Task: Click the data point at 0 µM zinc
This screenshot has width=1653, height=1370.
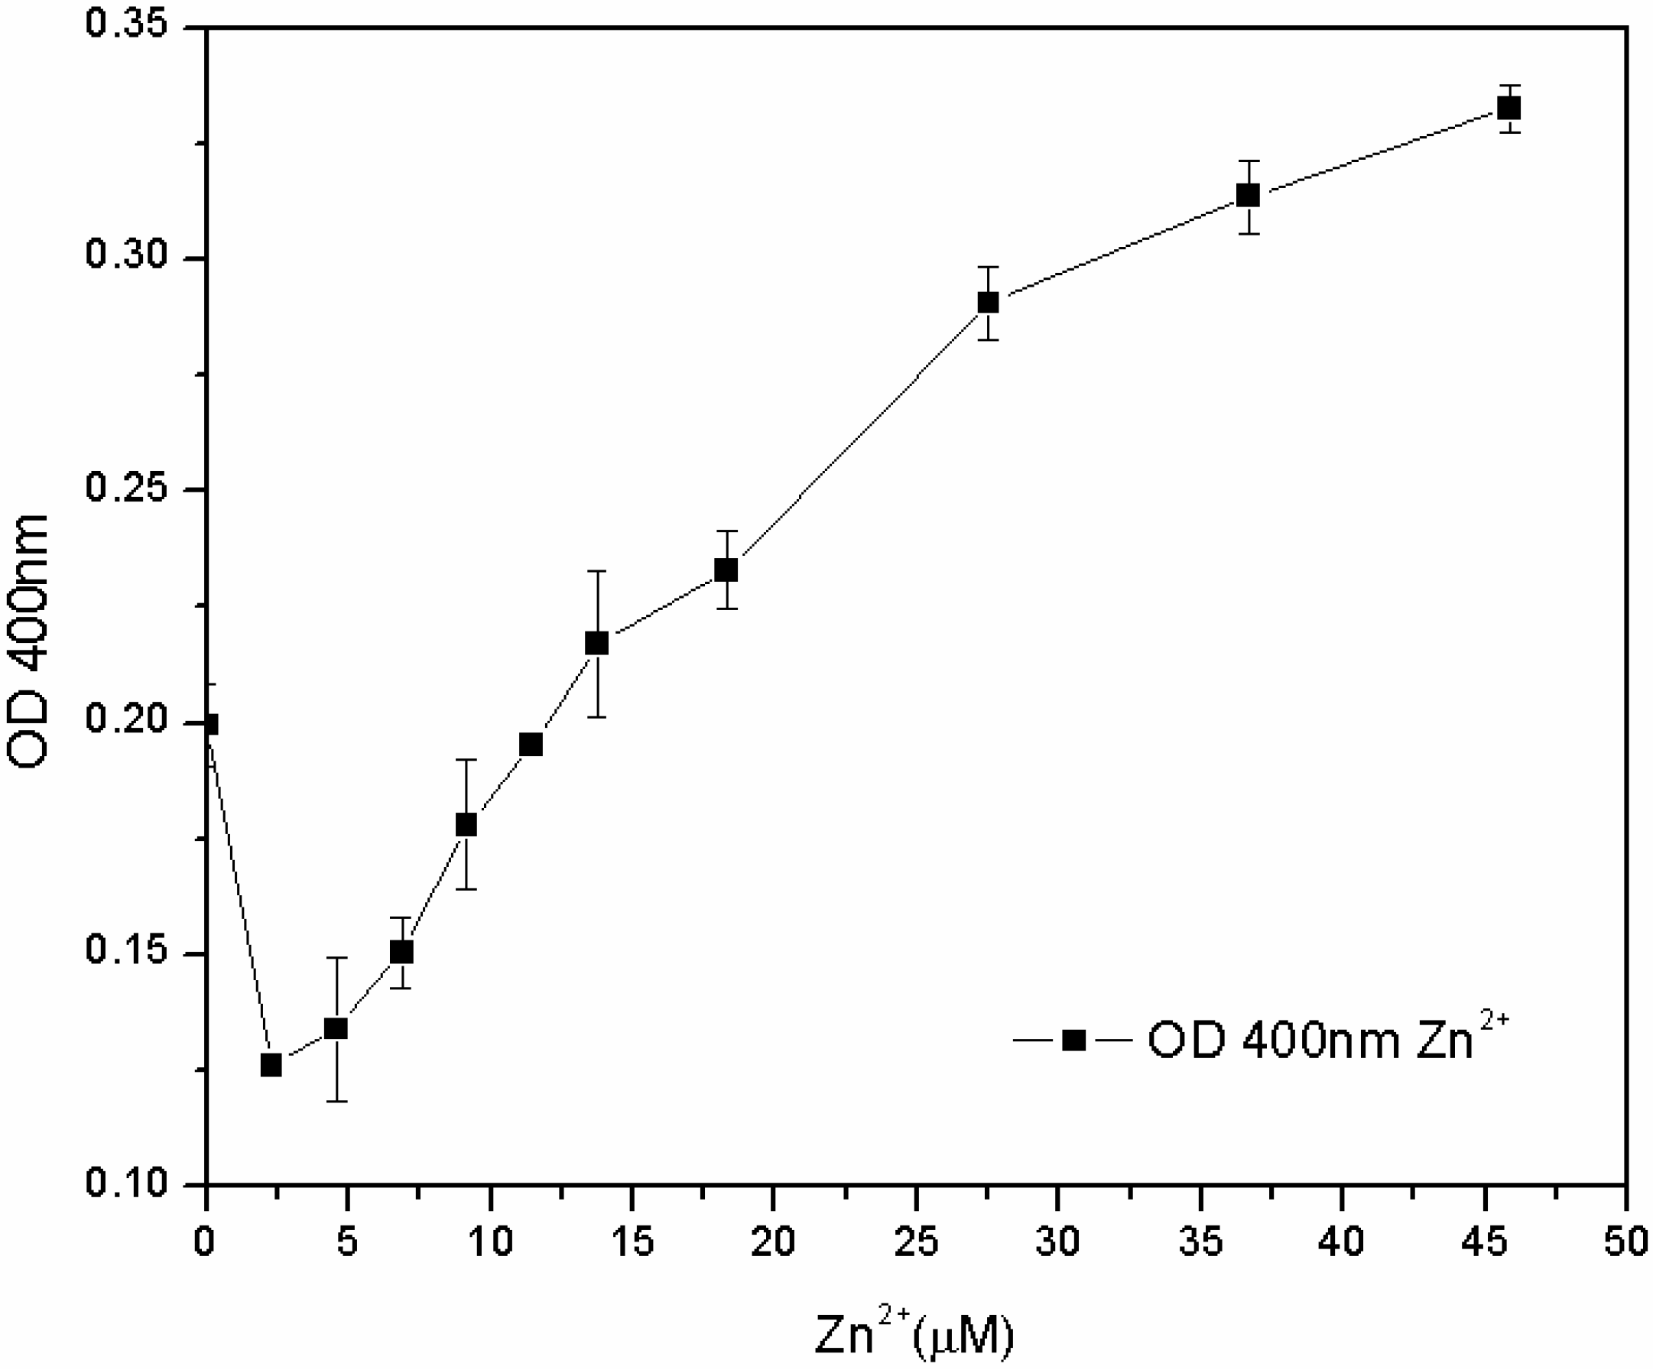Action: point(209,724)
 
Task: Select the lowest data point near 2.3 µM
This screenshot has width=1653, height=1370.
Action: point(271,1066)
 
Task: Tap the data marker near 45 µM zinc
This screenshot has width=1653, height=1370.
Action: point(1508,108)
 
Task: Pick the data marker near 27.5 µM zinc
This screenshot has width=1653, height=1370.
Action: point(988,302)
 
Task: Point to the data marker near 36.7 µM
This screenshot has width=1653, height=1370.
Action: point(1248,195)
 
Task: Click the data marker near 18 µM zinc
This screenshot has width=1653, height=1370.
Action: point(726,570)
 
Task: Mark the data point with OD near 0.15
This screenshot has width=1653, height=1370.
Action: point(401,952)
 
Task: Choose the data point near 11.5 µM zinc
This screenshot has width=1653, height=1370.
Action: point(531,745)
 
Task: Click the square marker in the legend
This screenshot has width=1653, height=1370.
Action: point(1073,1041)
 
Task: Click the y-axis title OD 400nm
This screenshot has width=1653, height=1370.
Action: point(28,641)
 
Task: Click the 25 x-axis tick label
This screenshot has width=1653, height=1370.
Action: point(916,1243)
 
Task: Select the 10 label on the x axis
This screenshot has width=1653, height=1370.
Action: point(489,1243)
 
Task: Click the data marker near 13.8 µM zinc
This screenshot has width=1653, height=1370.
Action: point(596,644)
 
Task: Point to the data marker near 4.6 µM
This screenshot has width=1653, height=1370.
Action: point(336,1028)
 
